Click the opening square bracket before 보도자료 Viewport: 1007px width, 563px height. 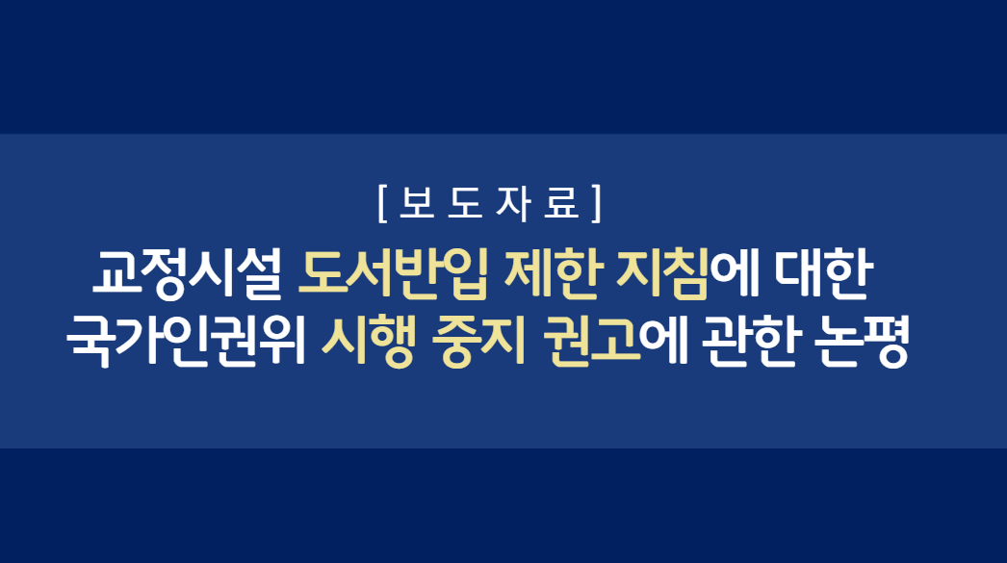tap(382, 203)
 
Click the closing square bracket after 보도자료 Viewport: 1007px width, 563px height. tap(597, 203)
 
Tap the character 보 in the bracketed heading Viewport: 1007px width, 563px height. tap(417, 203)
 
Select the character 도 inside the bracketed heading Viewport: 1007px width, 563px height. tap(465, 203)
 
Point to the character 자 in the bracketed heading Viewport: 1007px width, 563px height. tap(513, 203)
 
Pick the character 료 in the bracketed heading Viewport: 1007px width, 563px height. tap(561, 203)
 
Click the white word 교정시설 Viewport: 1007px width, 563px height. tap(188, 273)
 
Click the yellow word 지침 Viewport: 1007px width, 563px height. tap(662, 273)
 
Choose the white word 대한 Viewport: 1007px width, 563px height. tap(823, 273)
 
